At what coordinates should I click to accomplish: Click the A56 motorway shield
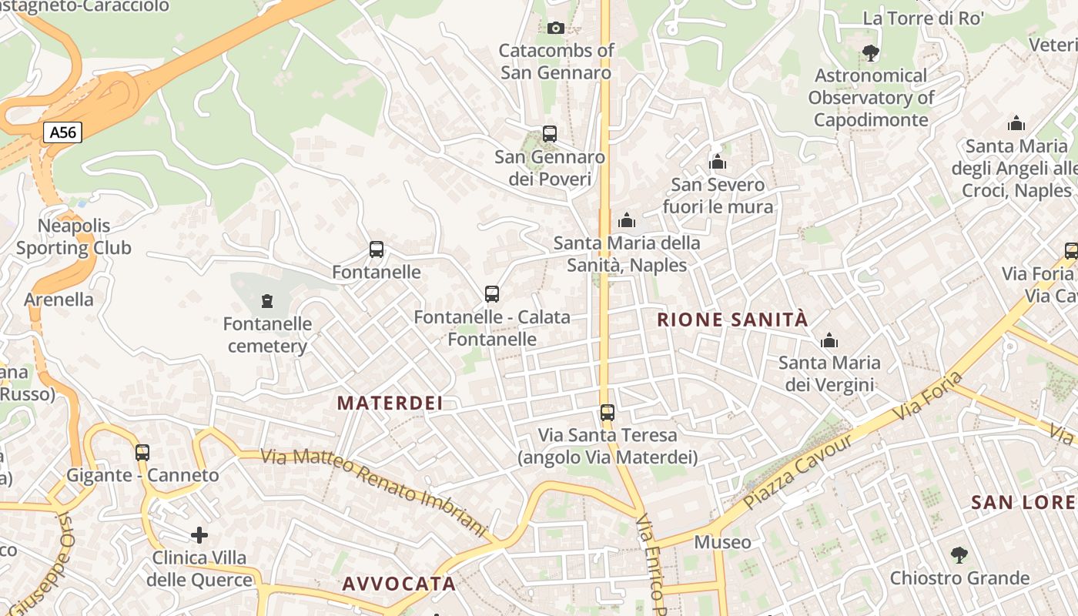[x=62, y=132]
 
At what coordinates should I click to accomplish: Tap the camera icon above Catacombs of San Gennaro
[x=555, y=28]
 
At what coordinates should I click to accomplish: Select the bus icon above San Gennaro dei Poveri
[x=549, y=134]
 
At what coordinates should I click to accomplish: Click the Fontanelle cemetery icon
[x=267, y=300]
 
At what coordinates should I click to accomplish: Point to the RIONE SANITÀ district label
[x=732, y=320]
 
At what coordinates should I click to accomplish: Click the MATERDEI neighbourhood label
[x=390, y=403]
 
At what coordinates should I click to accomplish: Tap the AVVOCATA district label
[x=399, y=584]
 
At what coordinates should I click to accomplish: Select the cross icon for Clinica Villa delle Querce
[x=199, y=534]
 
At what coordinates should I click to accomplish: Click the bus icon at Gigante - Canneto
[x=142, y=453]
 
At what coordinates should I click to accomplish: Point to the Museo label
[x=722, y=542]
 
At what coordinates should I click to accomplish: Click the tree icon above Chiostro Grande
[x=959, y=554]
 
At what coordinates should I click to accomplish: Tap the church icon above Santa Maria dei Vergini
[x=829, y=340]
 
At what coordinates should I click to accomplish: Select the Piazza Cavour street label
[x=798, y=470]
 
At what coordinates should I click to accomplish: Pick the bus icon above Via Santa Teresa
[x=608, y=413]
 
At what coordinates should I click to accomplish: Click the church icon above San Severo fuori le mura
[x=718, y=162]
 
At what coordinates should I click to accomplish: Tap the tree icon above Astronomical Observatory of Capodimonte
[x=871, y=53]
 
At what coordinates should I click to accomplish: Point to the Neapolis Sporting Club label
[x=74, y=237]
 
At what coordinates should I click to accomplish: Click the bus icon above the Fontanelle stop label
[x=377, y=249]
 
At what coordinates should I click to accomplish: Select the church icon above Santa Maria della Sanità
[x=627, y=221]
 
